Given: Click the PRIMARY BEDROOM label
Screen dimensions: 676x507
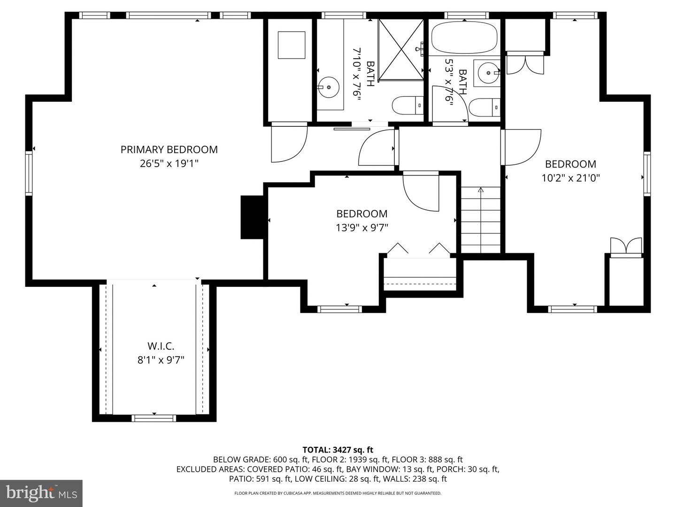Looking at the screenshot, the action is pos(169,150).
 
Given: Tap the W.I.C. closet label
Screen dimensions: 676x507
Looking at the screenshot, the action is pos(161,346).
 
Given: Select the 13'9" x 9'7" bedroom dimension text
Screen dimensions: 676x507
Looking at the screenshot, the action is pos(361,228).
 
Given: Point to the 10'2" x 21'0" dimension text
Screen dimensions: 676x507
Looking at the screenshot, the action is pos(571,178).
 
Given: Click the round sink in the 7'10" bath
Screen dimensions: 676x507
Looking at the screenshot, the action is pos(328,87).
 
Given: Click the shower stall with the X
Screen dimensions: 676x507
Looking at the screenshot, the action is pos(401,50).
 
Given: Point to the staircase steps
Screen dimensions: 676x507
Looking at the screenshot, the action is pos(480,220).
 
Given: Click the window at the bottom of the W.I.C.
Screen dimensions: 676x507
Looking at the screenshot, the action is pos(154,418).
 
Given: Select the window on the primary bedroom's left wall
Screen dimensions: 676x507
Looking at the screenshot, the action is pos(29,173).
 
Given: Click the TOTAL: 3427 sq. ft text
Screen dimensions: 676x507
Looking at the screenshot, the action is pos(338,450).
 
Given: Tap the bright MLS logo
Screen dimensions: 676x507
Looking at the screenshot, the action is pos(41,493).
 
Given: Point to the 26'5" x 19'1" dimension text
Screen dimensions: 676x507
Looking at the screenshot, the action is pos(169,163).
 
